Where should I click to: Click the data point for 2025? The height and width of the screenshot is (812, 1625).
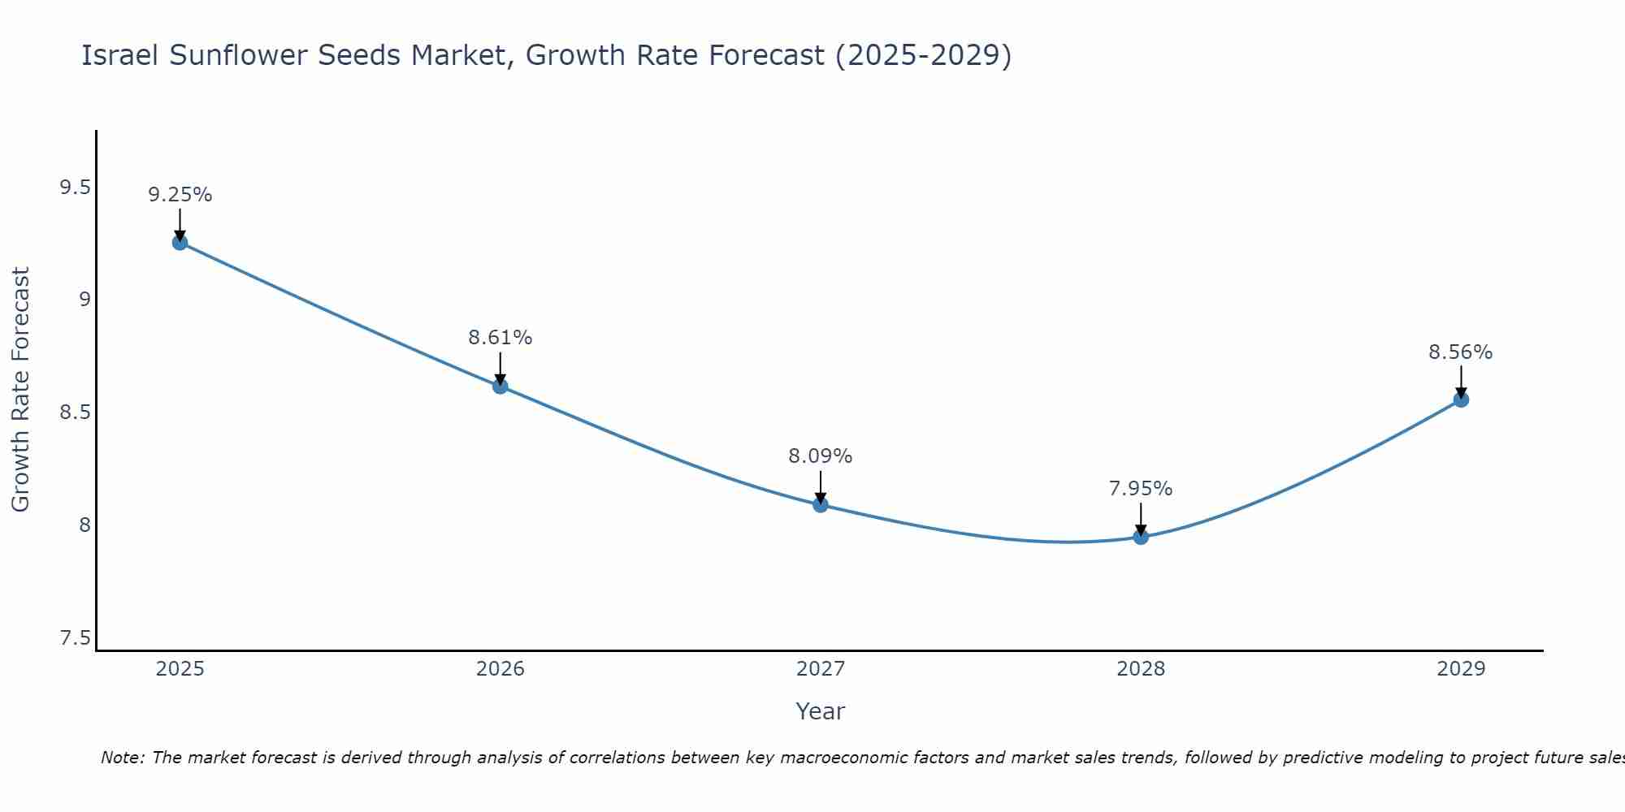(180, 242)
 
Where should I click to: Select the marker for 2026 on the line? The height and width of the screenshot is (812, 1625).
(500, 386)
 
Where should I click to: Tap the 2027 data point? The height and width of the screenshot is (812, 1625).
(820, 504)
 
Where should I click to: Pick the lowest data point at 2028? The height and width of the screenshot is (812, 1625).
(1140, 536)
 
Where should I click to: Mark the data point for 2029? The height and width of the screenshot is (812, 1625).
(1460, 399)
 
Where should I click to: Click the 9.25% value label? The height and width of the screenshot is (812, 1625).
(180, 195)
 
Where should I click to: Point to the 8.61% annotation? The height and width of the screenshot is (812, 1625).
(500, 338)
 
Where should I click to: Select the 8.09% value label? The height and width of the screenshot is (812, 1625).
(820, 456)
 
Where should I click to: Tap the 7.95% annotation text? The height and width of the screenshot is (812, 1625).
(1140, 489)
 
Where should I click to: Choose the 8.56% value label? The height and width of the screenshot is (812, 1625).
(1460, 352)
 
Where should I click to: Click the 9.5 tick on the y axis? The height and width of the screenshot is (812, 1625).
(75, 188)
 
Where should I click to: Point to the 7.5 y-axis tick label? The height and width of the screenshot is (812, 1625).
(75, 638)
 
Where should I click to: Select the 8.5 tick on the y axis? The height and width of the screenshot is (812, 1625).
(75, 412)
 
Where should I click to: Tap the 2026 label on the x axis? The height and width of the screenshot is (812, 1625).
(500, 669)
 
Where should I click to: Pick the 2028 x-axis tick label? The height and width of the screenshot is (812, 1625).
(1140, 669)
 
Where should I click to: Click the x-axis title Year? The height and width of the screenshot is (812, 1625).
(820, 711)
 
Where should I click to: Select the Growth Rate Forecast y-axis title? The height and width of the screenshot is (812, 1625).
(20, 390)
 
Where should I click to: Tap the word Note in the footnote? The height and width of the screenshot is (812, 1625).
(122, 758)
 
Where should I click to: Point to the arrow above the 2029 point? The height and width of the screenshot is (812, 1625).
(1460, 380)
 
